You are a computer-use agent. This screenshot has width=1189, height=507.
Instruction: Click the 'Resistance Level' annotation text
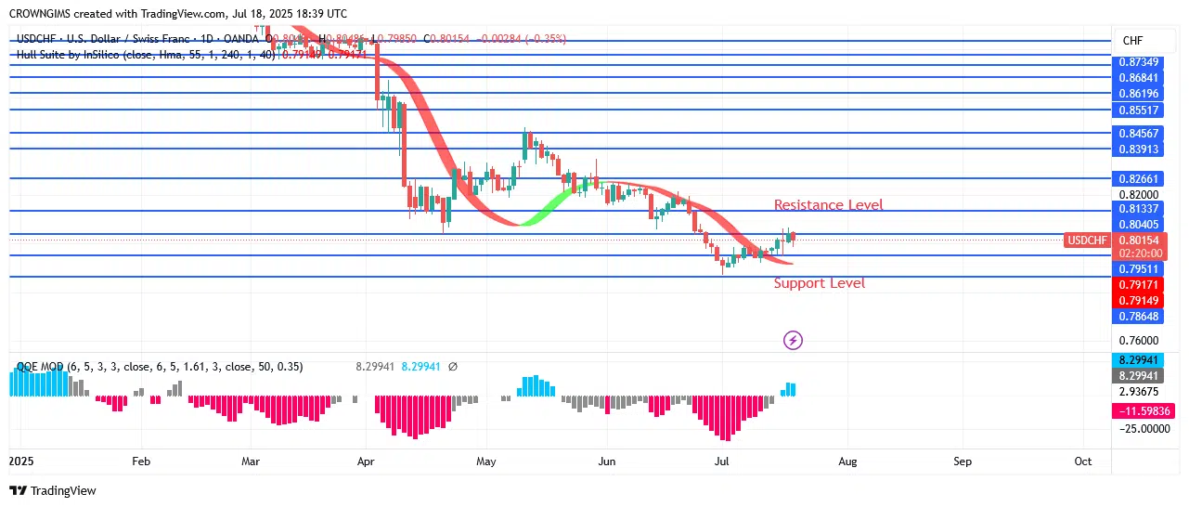828,205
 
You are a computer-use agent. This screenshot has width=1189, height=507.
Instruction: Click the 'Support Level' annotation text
819,283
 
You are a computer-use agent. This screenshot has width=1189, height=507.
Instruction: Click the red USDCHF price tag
1087,240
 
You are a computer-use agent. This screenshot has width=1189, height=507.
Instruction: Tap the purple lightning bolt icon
793,341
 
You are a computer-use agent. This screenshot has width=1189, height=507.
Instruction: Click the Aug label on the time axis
847,461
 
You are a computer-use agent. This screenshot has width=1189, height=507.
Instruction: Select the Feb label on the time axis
141,461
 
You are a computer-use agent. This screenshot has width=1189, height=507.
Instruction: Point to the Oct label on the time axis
1082,461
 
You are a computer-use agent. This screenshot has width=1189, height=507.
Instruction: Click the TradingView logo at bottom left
53,490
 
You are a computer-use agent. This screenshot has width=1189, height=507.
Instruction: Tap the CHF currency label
1132,41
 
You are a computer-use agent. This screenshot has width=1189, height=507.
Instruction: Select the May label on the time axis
485,461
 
